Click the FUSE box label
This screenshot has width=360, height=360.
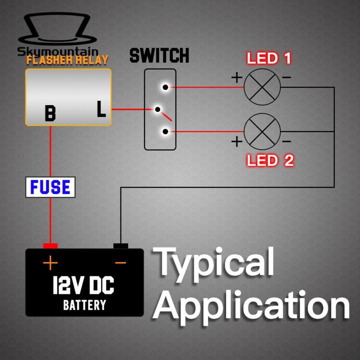click(x=50, y=187)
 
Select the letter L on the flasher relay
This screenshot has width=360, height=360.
click(x=101, y=109)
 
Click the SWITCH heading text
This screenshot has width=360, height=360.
click(x=159, y=55)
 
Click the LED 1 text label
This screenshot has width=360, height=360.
click(x=269, y=58)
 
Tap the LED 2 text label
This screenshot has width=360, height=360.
click(x=270, y=160)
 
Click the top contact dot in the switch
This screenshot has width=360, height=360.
click(x=165, y=87)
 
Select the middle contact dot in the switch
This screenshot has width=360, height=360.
click(x=158, y=109)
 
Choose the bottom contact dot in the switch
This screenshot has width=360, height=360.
click(x=165, y=132)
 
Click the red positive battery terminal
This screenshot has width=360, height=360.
click(x=50, y=245)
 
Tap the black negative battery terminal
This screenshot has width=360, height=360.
click(x=120, y=245)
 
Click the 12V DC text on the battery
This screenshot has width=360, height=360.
click(x=83, y=286)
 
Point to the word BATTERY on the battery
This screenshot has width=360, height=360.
click(x=84, y=305)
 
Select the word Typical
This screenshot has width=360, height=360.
click(x=216, y=264)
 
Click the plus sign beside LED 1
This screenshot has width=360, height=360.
click(x=236, y=77)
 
